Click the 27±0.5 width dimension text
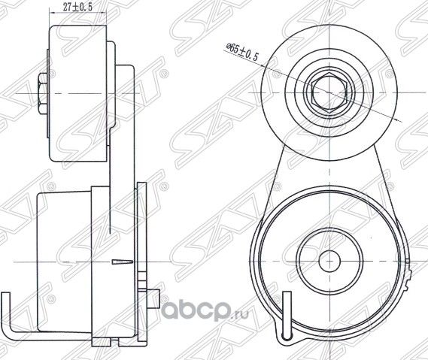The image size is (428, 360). [x=77, y=7]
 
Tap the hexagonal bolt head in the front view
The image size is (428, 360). [x=329, y=93]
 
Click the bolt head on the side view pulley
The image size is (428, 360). [x=42, y=93]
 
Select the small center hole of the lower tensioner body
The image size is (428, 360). [x=329, y=262]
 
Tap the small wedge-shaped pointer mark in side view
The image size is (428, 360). [x=123, y=262]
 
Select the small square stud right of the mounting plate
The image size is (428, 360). [x=153, y=299]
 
